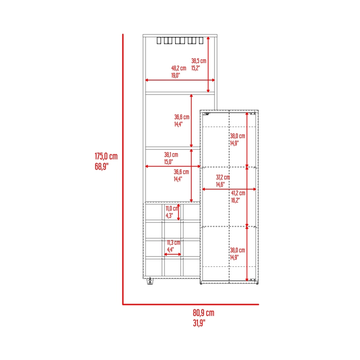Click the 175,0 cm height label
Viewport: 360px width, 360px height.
click(x=106, y=156)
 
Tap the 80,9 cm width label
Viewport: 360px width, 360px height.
click(x=203, y=313)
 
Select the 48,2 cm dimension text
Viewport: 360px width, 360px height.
click(x=179, y=68)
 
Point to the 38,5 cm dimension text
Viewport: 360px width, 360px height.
click(x=199, y=61)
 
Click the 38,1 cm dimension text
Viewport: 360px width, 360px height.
click(x=171, y=155)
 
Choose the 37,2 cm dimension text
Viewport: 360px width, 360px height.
click(x=223, y=177)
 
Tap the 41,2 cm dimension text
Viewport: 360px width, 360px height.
click(x=238, y=193)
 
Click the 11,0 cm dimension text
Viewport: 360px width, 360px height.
click(x=172, y=208)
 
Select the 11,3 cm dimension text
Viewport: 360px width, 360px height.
click(x=174, y=243)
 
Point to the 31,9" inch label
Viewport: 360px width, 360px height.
click(x=199, y=323)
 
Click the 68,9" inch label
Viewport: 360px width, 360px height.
click(x=102, y=166)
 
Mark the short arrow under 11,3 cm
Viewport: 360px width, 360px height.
click(x=173, y=254)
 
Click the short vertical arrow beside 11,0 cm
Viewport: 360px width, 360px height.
click(x=179, y=212)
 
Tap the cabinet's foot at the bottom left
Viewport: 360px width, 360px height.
click(x=150, y=281)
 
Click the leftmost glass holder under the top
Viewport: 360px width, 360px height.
click(x=159, y=40)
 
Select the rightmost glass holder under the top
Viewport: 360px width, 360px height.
click(x=201, y=40)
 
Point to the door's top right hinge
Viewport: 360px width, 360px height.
click(x=253, y=113)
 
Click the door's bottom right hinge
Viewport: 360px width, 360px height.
click(x=253, y=280)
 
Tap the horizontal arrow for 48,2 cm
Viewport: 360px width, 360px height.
click(x=180, y=80)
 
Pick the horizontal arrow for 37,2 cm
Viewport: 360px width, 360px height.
click(x=229, y=189)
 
